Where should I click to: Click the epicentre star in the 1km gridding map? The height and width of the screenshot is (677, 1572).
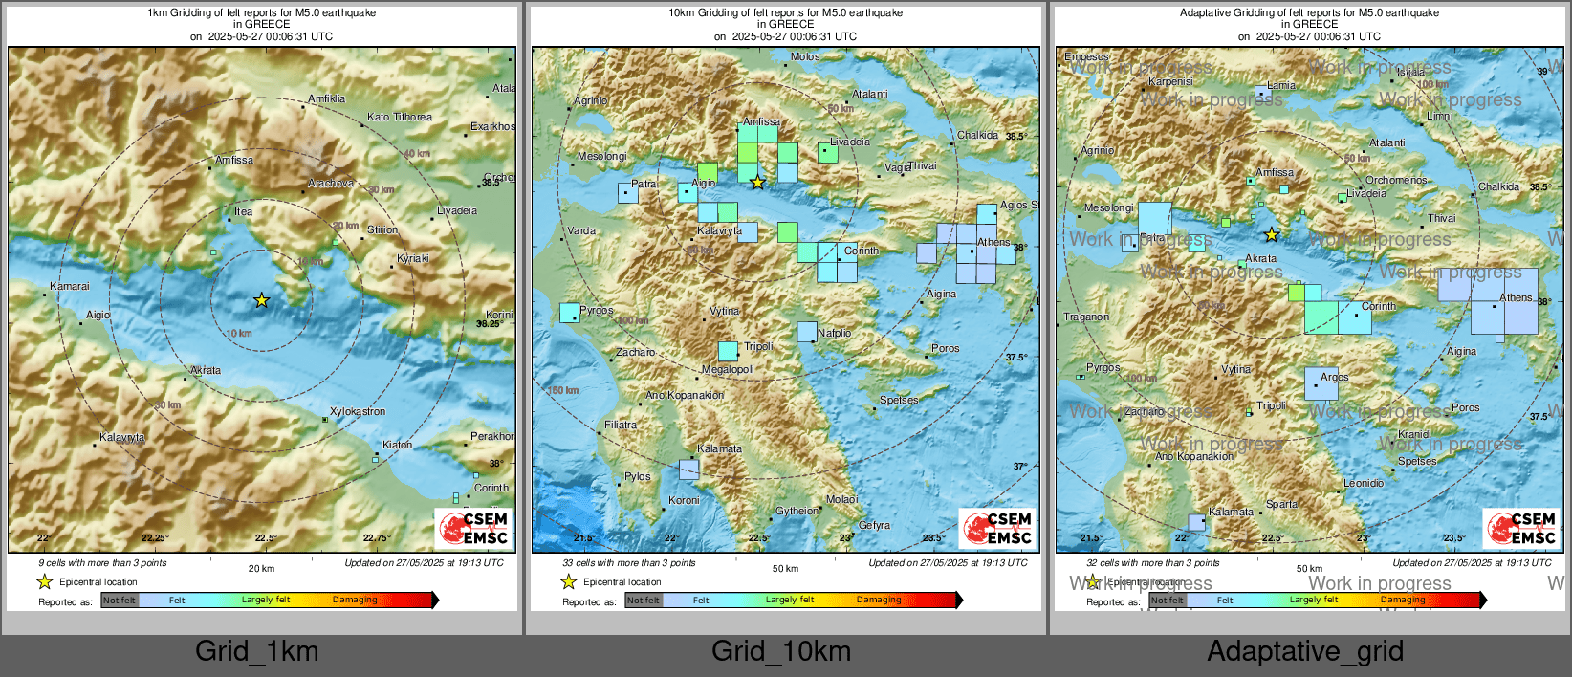[262, 300]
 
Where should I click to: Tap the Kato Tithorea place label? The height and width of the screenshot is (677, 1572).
[400, 117]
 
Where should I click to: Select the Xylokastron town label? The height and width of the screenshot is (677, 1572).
[358, 411]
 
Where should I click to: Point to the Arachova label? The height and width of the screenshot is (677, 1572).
[331, 183]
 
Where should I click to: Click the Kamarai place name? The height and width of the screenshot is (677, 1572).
[70, 286]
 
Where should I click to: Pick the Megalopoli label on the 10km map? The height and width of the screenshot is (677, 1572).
[728, 369]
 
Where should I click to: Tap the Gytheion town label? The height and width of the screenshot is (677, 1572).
[797, 511]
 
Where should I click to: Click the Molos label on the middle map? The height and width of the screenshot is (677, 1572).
[805, 56]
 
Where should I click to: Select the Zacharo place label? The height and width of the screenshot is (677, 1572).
[636, 352]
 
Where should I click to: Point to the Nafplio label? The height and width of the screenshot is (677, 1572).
[835, 333]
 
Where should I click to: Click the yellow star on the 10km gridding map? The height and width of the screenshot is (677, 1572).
[757, 182]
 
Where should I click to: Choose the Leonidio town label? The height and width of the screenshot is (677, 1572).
[1364, 483]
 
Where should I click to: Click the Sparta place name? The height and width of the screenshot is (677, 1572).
[1281, 504]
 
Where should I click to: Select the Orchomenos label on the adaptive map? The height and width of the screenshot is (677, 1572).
[1396, 180]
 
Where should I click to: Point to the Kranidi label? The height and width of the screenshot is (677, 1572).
[1415, 433]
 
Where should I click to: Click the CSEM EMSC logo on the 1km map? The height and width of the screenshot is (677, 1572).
[475, 528]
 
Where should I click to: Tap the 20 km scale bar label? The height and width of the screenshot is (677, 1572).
[261, 568]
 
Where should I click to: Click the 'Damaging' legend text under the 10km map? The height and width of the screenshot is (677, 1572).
[879, 600]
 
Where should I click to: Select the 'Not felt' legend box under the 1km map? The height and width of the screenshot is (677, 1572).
[120, 601]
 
